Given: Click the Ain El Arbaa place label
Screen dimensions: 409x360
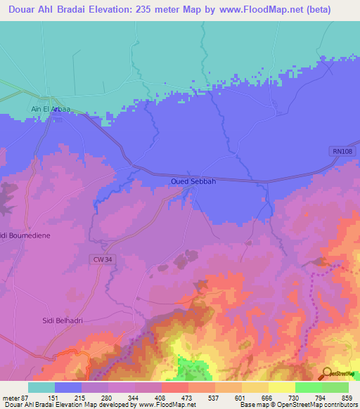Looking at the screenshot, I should pos(49,109).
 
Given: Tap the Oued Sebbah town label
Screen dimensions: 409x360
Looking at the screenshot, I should pos(193,181).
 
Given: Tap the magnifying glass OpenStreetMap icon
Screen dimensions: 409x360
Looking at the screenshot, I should pos(328,374).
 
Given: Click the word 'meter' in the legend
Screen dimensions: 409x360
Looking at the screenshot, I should pos(12,398).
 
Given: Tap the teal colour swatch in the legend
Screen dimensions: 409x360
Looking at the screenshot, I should pos(41,387).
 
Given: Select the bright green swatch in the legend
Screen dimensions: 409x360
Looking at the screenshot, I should pos(308,387).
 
